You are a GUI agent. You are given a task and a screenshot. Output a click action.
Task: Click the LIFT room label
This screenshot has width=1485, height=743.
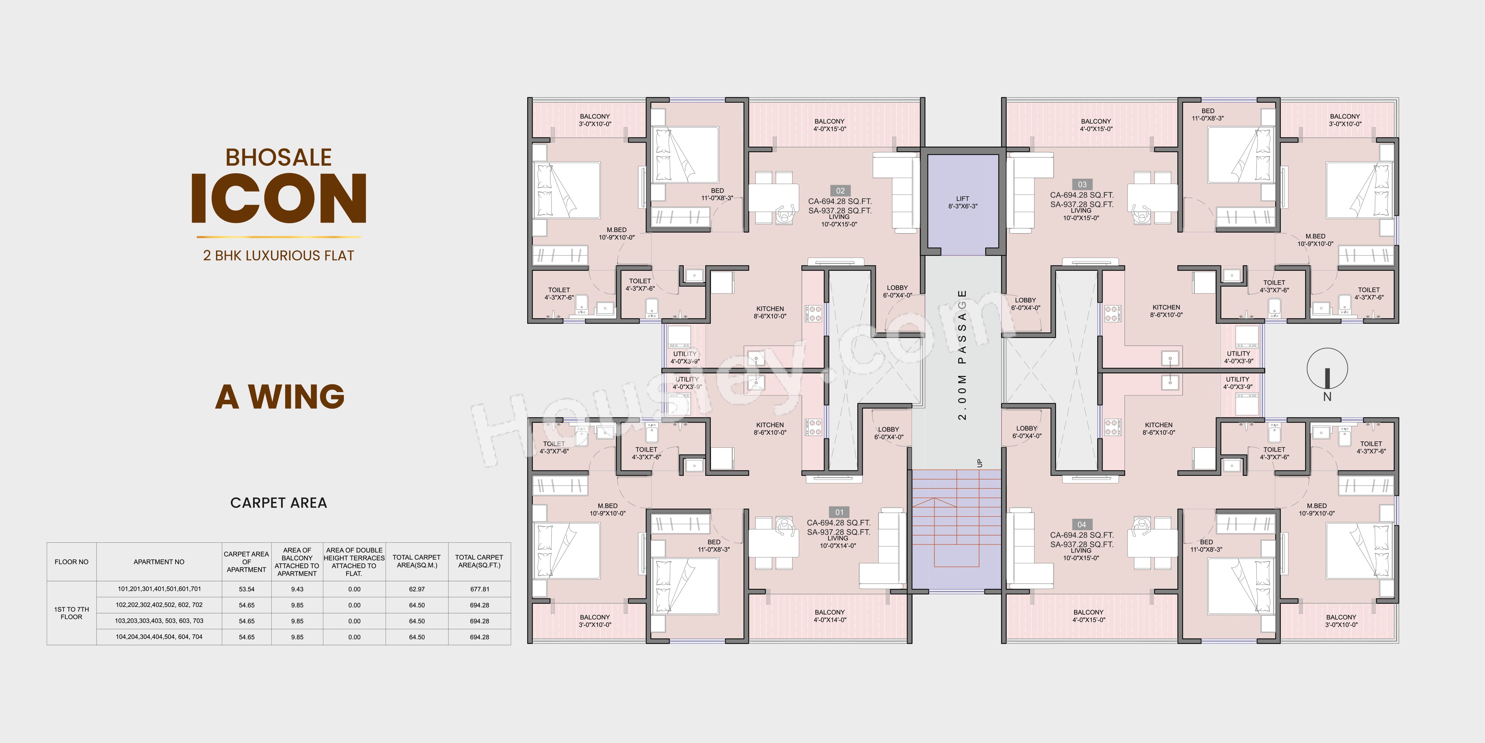pyautogui.click(x=963, y=202)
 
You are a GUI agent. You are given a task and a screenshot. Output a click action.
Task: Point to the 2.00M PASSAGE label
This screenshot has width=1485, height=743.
pyautogui.click(x=962, y=355)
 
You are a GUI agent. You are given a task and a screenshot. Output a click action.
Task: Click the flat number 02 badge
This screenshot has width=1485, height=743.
pyautogui.click(x=840, y=191)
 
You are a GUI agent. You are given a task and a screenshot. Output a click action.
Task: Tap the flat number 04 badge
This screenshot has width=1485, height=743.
pyautogui.click(x=1081, y=524)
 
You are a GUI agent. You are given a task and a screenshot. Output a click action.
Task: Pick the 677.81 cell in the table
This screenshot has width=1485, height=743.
pyautogui.click(x=480, y=589)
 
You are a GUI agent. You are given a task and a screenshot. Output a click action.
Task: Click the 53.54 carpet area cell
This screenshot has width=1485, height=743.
pyautogui.click(x=247, y=589)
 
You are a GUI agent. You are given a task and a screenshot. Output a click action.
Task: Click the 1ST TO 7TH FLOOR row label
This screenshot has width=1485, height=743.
pyautogui.click(x=72, y=613)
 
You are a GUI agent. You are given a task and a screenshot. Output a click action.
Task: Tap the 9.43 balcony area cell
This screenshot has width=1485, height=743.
pyautogui.click(x=297, y=589)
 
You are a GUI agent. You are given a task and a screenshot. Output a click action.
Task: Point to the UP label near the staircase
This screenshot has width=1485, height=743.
pyautogui.click(x=979, y=463)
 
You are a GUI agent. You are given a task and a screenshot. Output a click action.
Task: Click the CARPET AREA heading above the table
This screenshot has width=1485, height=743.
pyautogui.click(x=278, y=503)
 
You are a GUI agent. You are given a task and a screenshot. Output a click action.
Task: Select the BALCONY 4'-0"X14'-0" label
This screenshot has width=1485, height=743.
pyautogui.click(x=830, y=616)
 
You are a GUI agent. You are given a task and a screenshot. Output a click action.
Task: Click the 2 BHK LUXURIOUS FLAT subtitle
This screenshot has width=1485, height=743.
pyautogui.click(x=278, y=256)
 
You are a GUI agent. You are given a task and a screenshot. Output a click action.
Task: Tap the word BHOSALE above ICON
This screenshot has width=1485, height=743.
pyautogui.click(x=278, y=157)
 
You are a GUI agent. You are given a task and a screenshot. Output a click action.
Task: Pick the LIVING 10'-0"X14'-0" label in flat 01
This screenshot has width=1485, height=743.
pyautogui.click(x=838, y=542)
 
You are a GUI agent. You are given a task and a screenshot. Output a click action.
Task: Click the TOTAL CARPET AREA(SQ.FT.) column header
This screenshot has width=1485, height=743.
pyautogui.click(x=479, y=561)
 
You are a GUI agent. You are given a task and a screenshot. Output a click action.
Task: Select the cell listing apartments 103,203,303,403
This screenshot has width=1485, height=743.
pyautogui.click(x=159, y=621)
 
